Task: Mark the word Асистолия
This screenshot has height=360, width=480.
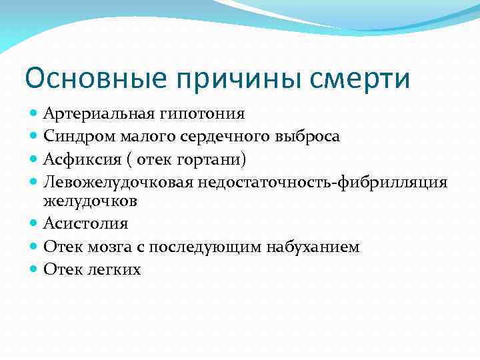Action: point(85,223)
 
